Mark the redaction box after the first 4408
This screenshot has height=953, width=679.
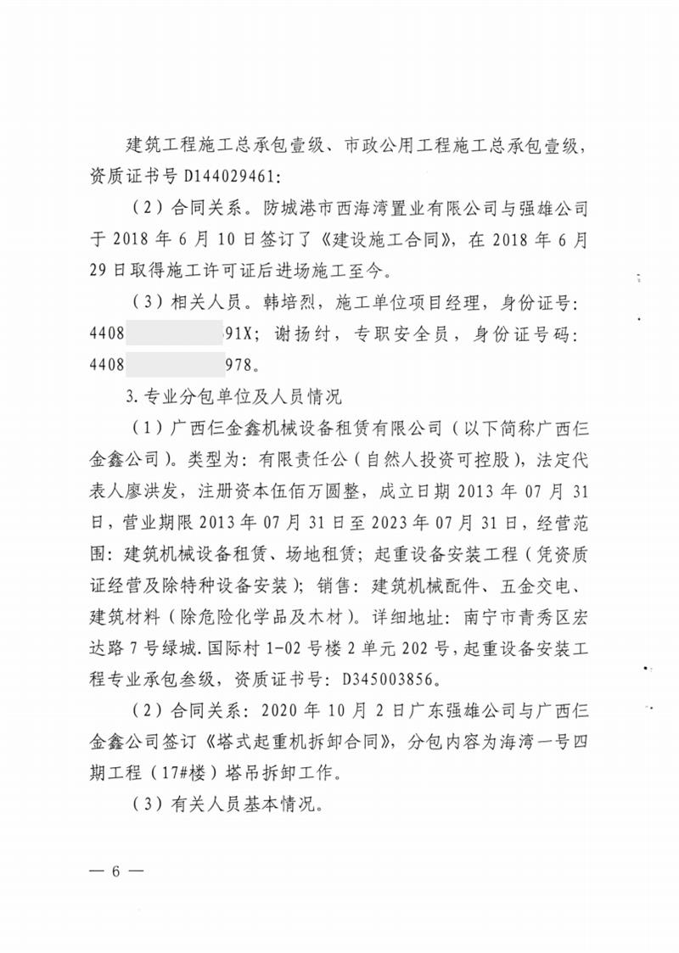coord(169,334)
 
